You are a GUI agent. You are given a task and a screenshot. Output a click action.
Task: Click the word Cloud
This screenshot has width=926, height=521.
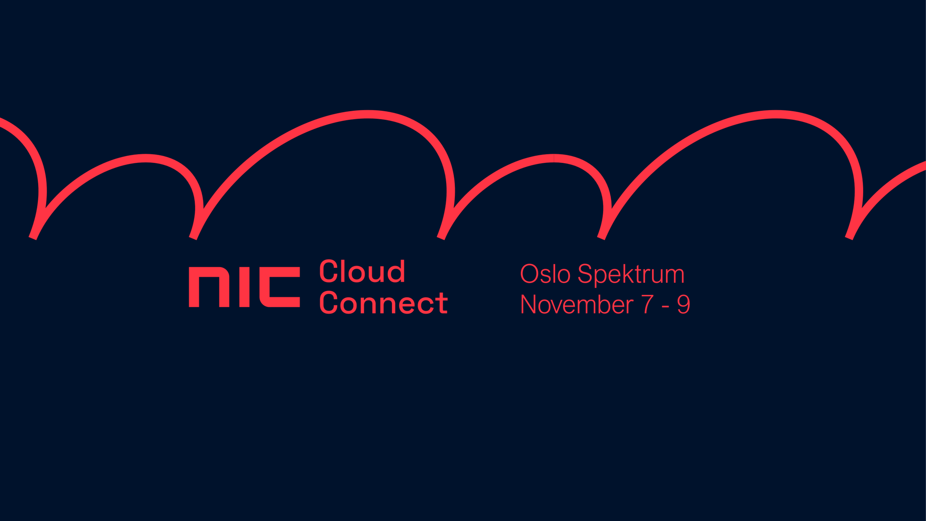(362, 271)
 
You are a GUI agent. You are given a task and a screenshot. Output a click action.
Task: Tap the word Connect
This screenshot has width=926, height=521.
(384, 303)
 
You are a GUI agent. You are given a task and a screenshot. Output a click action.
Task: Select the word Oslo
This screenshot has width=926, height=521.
(545, 274)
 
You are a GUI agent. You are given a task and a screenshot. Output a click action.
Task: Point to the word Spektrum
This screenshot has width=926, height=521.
(631, 275)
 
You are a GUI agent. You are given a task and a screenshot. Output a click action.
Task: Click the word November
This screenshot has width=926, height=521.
(577, 304)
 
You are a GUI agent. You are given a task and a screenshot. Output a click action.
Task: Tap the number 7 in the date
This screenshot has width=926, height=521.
(647, 304)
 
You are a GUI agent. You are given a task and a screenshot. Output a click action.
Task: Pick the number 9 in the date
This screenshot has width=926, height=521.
(683, 304)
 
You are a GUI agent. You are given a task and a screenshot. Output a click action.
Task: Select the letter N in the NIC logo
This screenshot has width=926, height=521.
(209, 287)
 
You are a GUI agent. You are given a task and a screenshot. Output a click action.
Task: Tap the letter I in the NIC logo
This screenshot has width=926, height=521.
(244, 287)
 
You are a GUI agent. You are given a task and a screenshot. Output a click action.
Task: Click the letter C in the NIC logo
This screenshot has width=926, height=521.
(280, 287)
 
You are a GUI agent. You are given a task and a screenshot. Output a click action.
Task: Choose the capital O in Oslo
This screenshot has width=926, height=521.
(529, 274)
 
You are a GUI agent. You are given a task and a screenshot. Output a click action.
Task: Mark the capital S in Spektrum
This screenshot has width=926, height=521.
(585, 274)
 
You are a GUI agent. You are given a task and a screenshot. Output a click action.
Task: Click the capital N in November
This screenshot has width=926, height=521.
(529, 304)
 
